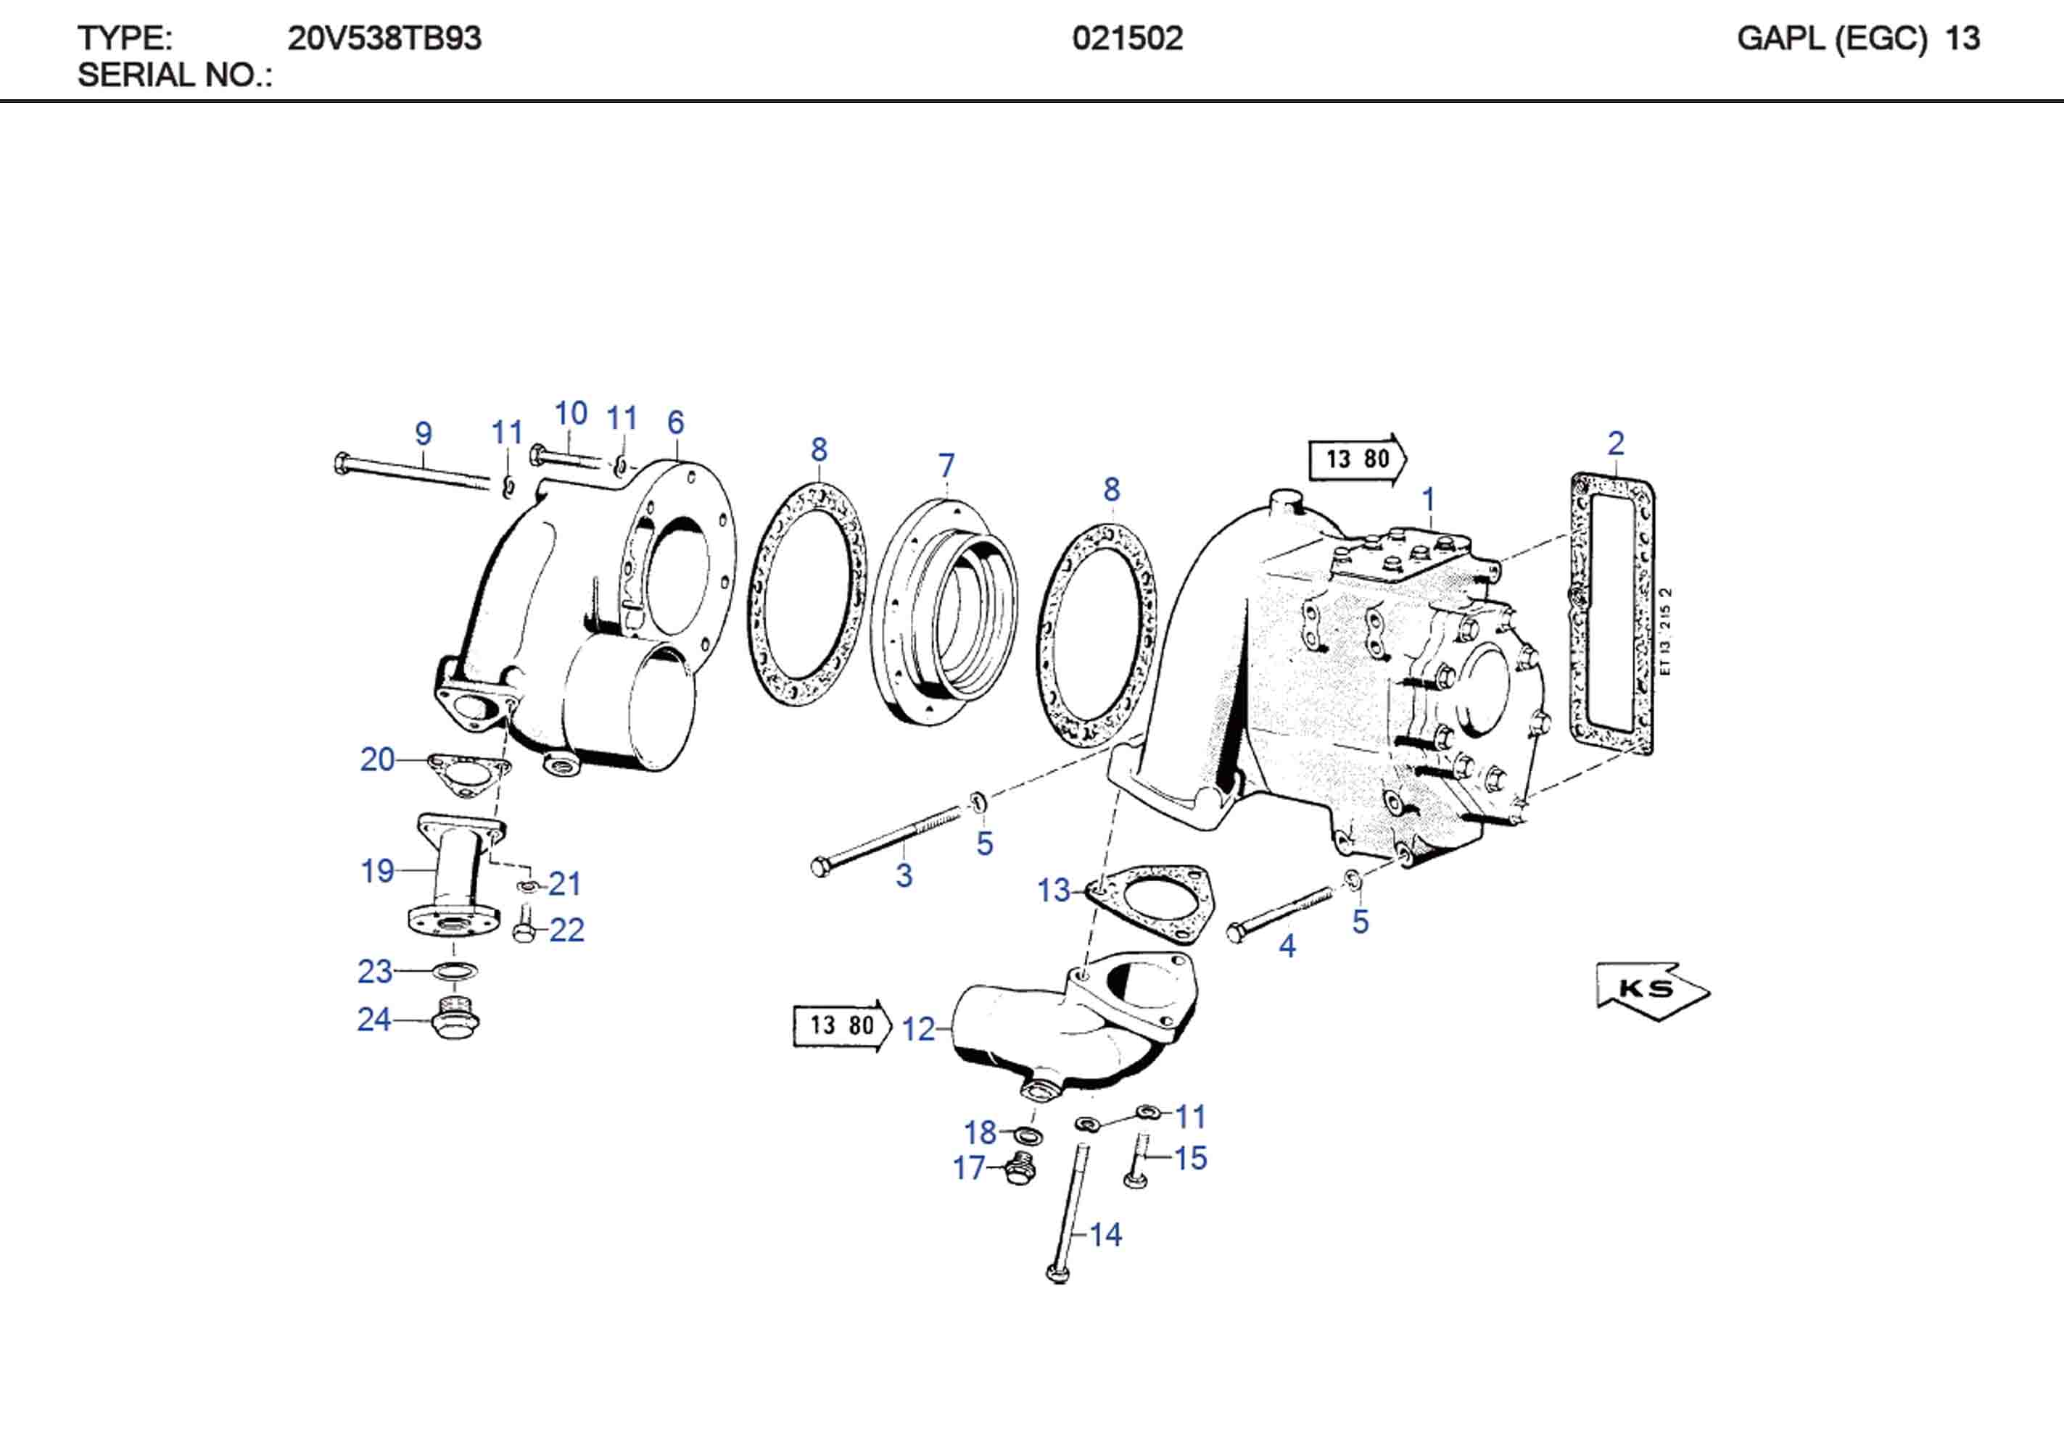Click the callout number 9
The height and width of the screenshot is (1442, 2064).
click(x=424, y=434)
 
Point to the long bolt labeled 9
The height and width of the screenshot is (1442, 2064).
click(x=413, y=472)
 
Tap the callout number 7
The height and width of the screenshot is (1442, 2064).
click(x=946, y=465)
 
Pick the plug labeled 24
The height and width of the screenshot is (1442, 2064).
click(x=455, y=1022)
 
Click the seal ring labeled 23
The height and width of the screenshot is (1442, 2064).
click(x=455, y=971)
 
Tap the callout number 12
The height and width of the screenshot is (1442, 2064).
click(x=918, y=1030)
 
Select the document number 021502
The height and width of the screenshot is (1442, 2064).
click(x=1127, y=38)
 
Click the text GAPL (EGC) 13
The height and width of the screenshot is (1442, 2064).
click(x=1857, y=38)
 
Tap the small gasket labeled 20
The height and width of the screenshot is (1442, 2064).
click(x=468, y=775)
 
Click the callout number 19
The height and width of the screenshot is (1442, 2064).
click(x=376, y=870)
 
